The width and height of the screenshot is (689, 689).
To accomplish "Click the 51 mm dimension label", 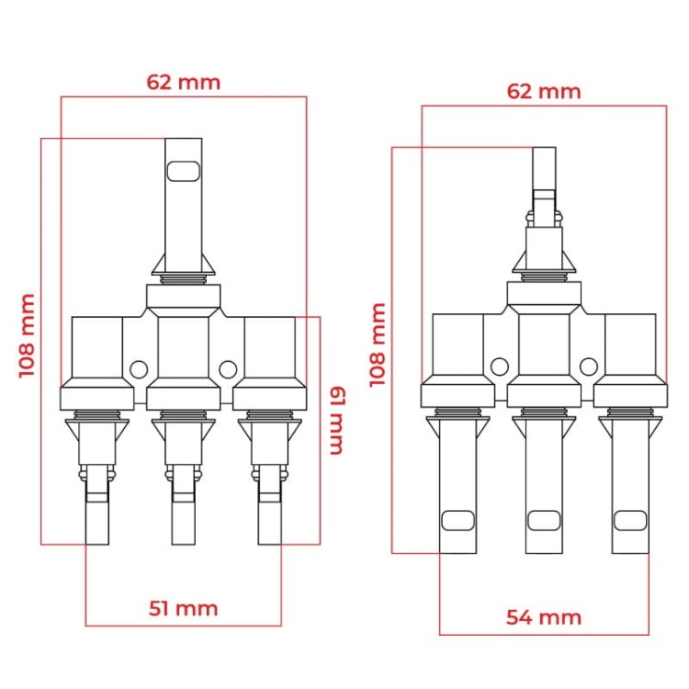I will coord(184,608).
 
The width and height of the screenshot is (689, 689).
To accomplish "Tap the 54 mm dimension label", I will coord(544,616).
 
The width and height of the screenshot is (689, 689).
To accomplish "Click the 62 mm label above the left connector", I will coord(184,82).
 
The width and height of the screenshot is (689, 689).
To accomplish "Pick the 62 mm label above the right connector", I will coord(544,91).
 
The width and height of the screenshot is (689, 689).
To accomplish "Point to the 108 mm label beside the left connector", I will coord(27,335).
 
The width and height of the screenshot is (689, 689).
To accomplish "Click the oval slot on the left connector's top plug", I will coord(183,171).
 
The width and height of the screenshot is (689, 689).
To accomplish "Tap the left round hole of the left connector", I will coord(138,369).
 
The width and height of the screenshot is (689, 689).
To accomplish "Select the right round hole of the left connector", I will coord(228,369).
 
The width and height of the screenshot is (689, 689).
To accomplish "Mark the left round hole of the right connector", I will coord(499,365).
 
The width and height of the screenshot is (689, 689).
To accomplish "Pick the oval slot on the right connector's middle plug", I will coord(543,521).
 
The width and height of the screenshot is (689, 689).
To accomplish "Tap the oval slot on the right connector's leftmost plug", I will coord(457,521).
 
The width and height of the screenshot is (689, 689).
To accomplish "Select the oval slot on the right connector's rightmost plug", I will coord(629,521).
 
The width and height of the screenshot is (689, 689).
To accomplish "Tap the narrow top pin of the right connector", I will coord(545,170).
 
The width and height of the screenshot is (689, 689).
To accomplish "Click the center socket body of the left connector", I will coord(183,349).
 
